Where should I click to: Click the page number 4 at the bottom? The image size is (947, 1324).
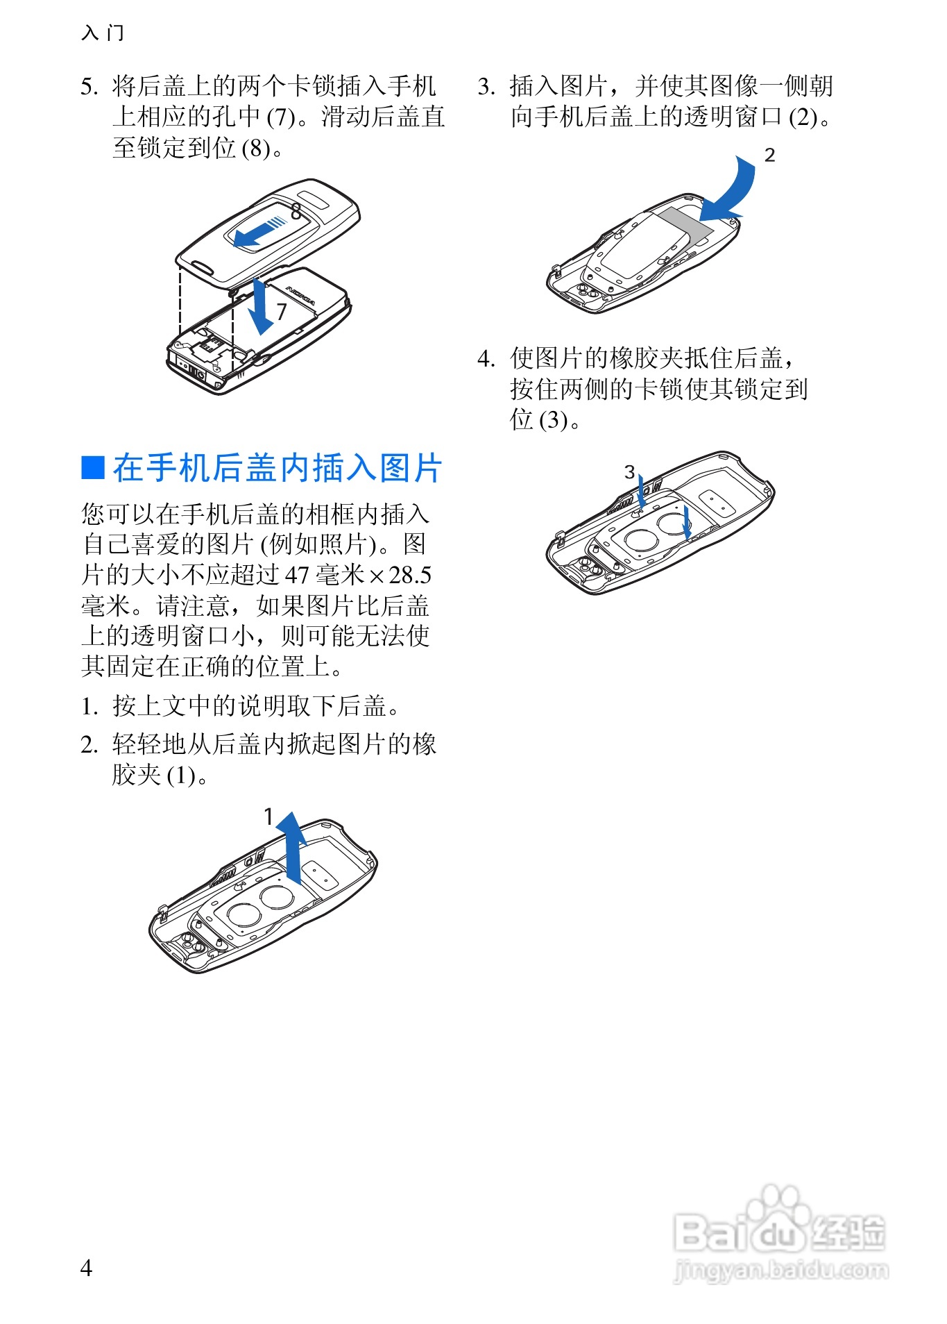tap(86, 1268)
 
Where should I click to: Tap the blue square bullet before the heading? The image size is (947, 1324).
tap(92, 468)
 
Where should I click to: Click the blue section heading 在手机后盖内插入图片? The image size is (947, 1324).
tap(277, 468)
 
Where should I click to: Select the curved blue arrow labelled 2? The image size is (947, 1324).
tap(732, 189)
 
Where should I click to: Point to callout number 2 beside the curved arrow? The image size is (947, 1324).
tap(769, 156)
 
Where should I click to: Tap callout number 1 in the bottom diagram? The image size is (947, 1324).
tap(269, 817)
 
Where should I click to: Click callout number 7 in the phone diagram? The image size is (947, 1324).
tap(281, 312)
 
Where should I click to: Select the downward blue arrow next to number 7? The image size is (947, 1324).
tap(260, 307)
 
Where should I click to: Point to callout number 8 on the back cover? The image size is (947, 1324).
tap(296, 210)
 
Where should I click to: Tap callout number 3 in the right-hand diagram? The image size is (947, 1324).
tap(629, 472)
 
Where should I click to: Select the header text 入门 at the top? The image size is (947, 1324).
tap(103, 33)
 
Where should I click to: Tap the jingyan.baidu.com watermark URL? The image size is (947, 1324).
tap(780, 1271)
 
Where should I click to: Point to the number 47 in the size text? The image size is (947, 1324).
tap(297, 576)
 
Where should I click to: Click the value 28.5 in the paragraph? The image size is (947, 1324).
tap(409, 576)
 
